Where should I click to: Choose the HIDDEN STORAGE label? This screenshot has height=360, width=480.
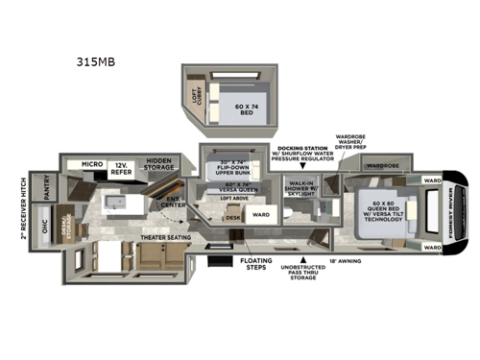[159, 165]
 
